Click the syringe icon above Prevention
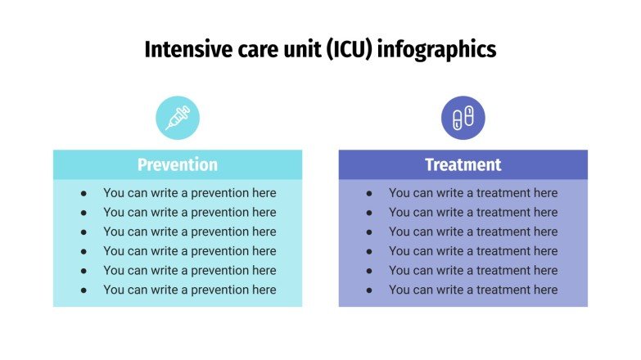pos(178,118)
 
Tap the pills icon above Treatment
pos(463,118)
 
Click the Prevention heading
pos(178,164)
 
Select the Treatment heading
pos(463,164)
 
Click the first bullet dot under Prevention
pos(84,193)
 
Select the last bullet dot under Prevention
pos(84,290)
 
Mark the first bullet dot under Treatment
pos(369,193)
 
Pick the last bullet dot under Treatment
pos(369,290)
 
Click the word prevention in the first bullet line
pos(219,193)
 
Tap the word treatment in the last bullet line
pos(503,290)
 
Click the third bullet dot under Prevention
pos(84,232)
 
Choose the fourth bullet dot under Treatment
pos(369,252)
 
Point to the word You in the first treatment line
pos(399,192)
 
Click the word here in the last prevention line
pos(264,290)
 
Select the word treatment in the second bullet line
pos(503,212)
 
